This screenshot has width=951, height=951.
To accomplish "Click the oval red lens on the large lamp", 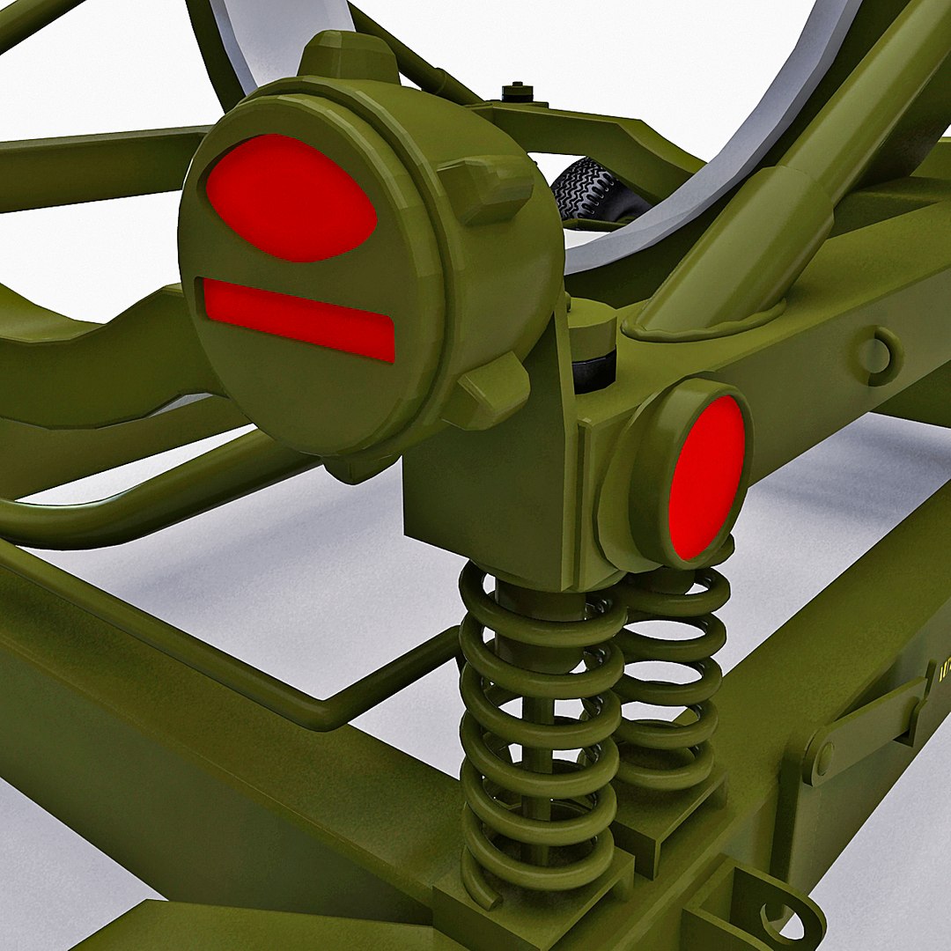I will point(291,198).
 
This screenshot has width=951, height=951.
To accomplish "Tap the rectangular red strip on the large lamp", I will point(299,319).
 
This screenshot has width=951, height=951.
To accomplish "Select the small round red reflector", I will point(706,477).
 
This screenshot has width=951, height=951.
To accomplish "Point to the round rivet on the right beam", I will point(875,355).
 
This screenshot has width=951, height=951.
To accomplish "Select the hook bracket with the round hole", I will point(775,907).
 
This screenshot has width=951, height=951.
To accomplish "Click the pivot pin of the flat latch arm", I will point(823,758).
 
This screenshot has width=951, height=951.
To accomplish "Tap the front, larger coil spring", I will point(537,722).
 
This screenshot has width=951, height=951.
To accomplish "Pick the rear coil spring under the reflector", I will point(674,678).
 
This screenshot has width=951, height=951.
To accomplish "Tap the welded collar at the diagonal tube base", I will point(704,326).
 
